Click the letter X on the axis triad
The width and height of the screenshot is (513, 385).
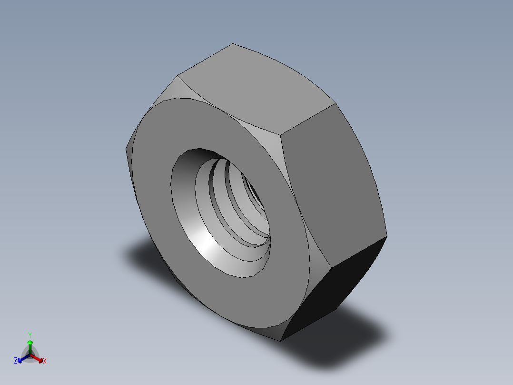pos(45,361)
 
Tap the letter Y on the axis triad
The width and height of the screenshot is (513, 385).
pos(30,334)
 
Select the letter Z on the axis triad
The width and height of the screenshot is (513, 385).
pos(16,361)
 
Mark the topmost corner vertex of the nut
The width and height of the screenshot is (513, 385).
pos(233,44)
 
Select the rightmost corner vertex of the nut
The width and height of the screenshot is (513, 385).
pos(387,235)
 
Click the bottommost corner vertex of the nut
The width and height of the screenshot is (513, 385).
pos(280,341)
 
